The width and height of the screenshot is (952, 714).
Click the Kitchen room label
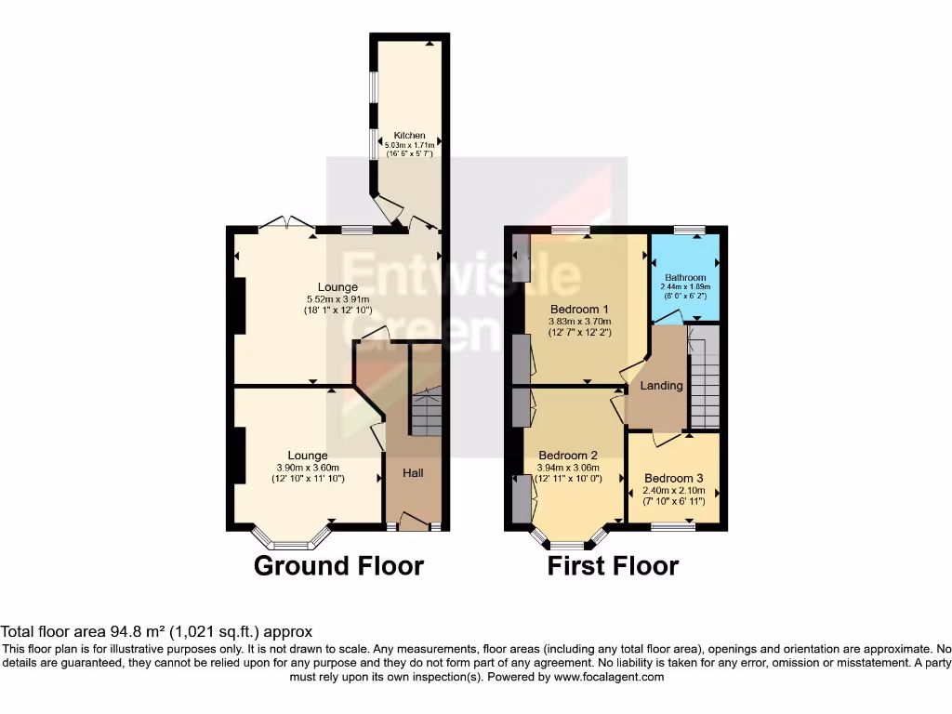pos(409,136)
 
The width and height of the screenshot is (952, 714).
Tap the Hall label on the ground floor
pos(413,473)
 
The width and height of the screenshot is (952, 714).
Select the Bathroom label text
pos(685,277)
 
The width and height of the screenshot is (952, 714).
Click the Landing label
pos(662,386)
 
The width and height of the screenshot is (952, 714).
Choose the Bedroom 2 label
pos(568,456)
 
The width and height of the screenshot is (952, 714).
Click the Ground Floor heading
pos(338,565)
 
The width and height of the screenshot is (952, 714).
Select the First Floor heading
pos(613,565)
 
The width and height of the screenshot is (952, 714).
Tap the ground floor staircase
pos(427,413)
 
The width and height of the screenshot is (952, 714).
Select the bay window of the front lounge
pos(290,540)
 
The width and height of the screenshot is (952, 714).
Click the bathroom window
pos(688,229)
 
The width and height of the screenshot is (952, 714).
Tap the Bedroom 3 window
pos(673,527)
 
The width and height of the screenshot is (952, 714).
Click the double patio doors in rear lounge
pos(286,223)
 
